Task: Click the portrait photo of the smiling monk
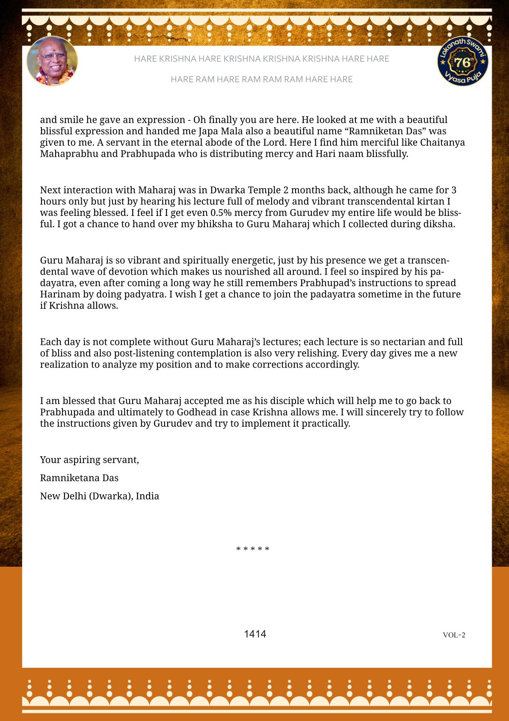click(52, 61)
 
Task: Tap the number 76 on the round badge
click(462, 63)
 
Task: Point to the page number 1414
click(255, 634)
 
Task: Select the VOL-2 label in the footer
click(454, 635)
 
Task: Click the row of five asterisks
click(253, 549)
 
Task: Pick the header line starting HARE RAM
click(261, 79)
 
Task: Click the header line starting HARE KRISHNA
click(261, 59)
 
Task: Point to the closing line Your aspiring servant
click(89, 460)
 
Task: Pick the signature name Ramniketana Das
click(79, 478)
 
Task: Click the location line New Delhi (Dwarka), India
click(99, 496)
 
